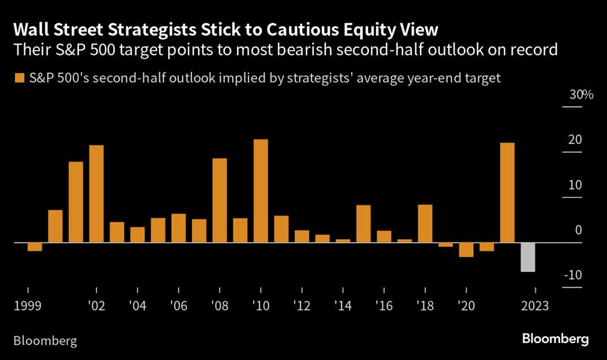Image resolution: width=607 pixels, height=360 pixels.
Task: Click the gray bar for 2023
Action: (527, 257)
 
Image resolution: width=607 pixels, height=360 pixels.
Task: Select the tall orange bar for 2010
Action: (260, 191)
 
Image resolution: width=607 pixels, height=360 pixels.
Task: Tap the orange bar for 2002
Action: (97, 194)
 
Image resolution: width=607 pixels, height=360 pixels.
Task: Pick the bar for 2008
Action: (220, 200)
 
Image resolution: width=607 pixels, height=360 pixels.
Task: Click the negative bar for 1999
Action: (35, 247)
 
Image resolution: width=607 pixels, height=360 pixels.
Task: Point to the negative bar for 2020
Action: (466, 249)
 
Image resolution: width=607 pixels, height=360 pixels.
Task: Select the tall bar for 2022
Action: (507, 192)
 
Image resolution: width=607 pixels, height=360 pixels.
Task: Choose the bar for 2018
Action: (425, 223)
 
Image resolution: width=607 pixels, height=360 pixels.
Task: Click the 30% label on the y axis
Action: (581, 95)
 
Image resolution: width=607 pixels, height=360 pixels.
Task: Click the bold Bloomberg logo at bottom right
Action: (555, 339)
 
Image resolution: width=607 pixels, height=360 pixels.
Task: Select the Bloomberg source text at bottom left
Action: (45, 341)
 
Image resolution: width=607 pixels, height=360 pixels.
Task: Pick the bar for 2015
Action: (363, 223)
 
